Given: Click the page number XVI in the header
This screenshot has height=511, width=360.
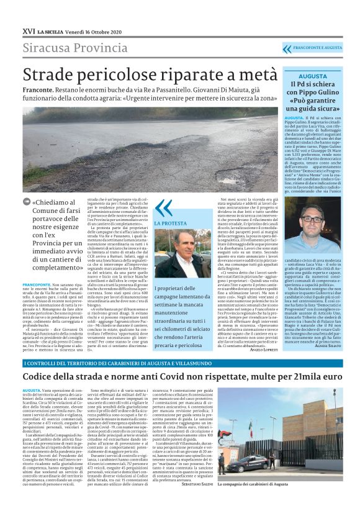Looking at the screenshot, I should pos(28,12).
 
